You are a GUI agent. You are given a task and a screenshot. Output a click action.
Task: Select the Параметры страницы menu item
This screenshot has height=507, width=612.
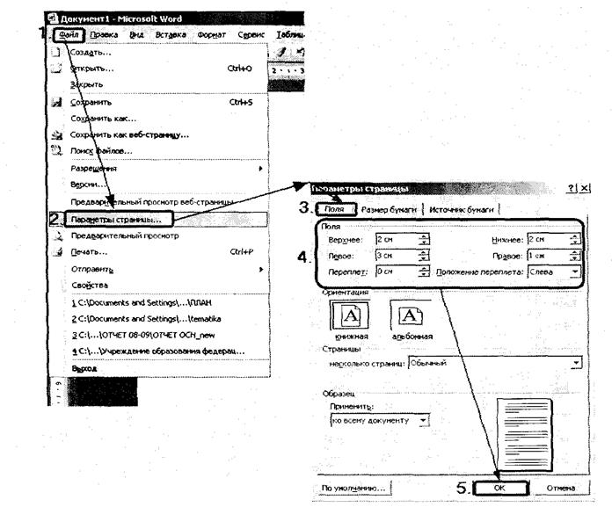click(122, 218)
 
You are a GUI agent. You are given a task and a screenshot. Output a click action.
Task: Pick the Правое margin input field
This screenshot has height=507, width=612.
click(550, 257)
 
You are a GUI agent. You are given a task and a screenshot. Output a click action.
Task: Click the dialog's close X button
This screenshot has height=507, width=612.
click(586, 189)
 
